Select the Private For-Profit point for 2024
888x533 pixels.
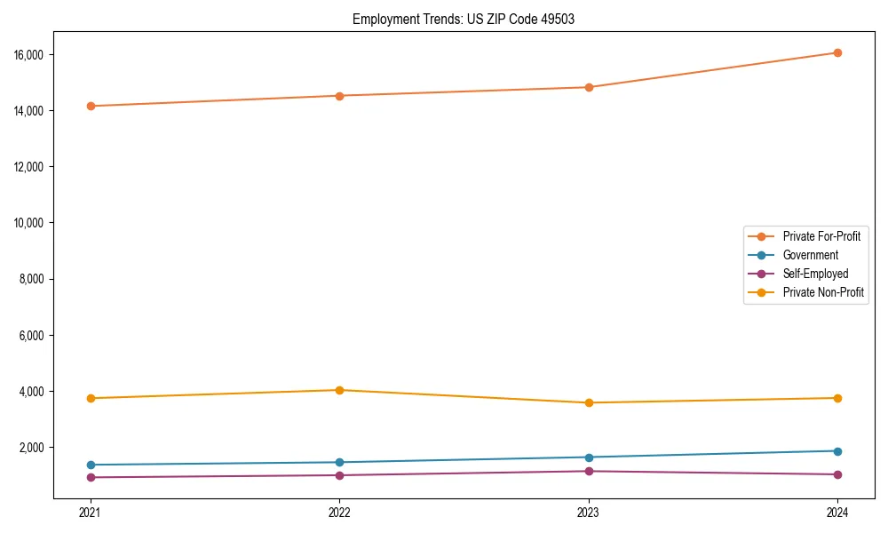(x=837, y=52)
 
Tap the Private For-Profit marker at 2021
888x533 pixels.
(x=90, y=106)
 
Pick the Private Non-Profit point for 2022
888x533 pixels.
(x=339, y=390)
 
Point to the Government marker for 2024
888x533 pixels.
(x=837, y=451)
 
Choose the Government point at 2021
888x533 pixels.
(x=90, y=465)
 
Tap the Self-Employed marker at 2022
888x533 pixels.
(x=339, y=475)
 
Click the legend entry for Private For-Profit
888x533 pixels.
(x=821, y=236)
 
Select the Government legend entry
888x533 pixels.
(x=810, y=255)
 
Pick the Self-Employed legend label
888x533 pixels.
(x=815, y=274)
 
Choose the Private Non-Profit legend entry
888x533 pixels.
(x=823, y=292)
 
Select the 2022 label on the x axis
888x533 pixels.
(x=339, y=512)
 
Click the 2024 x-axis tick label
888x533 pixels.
(x=837, y=512)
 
